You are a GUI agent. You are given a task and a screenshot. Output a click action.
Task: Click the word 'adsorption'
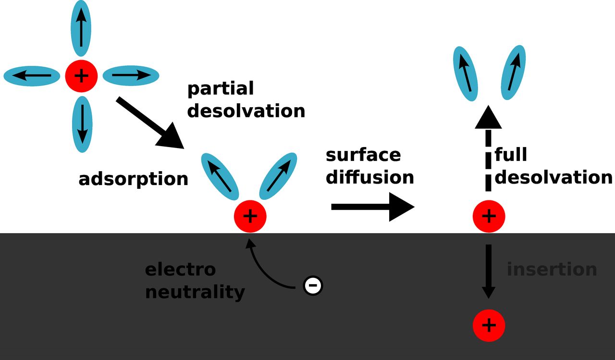tap(133, 179)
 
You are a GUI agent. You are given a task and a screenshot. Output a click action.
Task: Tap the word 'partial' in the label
tap(220, 89)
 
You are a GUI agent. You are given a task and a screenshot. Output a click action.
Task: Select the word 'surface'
tap(363, 155)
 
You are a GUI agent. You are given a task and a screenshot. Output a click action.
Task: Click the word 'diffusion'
tap(369, 177)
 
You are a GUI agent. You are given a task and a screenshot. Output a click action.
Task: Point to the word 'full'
tap(511, 155)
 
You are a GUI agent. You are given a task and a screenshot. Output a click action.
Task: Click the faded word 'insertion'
tap(552, 269)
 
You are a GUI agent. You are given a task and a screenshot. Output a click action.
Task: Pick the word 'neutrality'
tap(195, 292)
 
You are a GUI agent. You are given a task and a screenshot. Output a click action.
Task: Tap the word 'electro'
tap(180, 270)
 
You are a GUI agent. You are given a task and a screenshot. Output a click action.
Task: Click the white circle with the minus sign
tap(313, 286)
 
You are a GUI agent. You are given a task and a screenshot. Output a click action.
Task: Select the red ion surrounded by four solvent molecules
tap(82, 75)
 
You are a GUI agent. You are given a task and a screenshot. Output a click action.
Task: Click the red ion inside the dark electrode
tap(489, 325)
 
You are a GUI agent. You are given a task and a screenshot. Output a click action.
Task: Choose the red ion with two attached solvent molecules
tap(250, 216)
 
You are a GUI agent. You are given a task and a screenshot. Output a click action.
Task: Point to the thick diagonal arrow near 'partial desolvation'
tap(150, 122)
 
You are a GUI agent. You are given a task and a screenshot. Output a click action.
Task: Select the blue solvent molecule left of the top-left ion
tap(32, 76)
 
